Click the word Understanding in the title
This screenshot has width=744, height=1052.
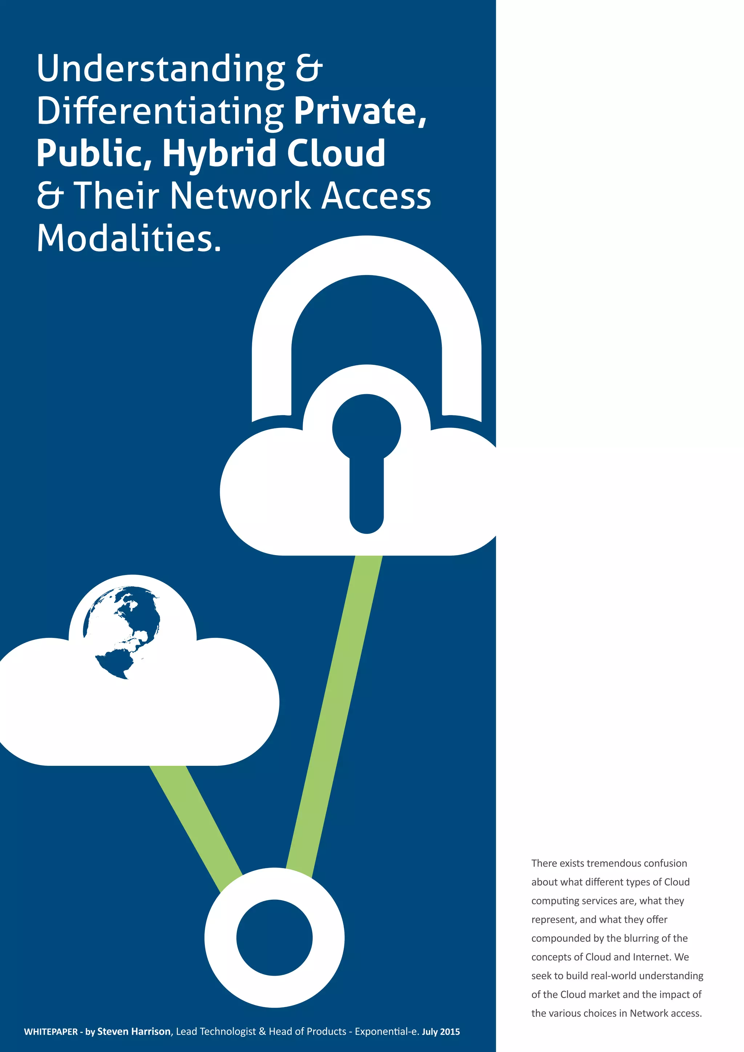160,69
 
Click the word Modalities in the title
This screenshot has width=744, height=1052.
128,239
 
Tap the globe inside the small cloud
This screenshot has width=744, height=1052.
122,632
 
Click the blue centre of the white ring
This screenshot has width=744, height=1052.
274,938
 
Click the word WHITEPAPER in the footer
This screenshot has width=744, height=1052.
51,1032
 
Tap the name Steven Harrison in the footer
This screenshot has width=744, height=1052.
134,1031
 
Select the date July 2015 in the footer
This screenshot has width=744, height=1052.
441,1032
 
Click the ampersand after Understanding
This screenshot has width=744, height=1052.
309,69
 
